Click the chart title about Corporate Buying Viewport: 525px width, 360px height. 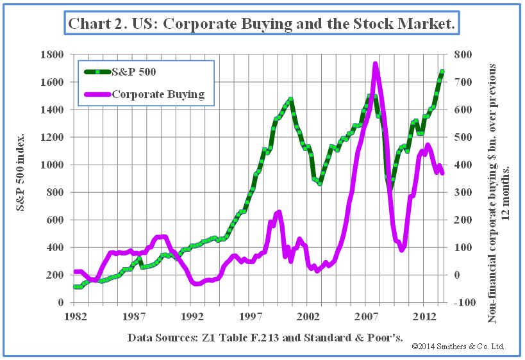point(262,24)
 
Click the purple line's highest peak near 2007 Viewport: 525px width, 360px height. point(376,65)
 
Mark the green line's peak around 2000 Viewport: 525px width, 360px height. point(290,99)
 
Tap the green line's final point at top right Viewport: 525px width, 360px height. point(442,72)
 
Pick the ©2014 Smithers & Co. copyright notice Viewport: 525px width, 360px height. point(458,347)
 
